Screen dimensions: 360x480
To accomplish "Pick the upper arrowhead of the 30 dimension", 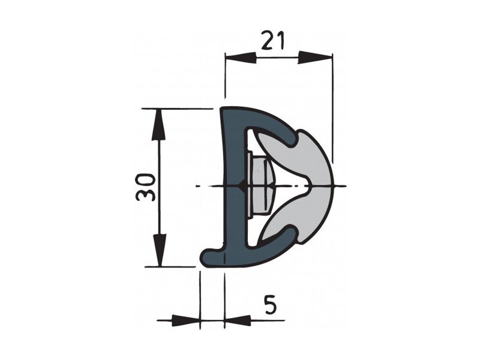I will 159,122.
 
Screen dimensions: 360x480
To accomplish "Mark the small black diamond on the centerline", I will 241,187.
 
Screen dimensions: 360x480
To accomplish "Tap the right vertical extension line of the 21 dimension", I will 332,108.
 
